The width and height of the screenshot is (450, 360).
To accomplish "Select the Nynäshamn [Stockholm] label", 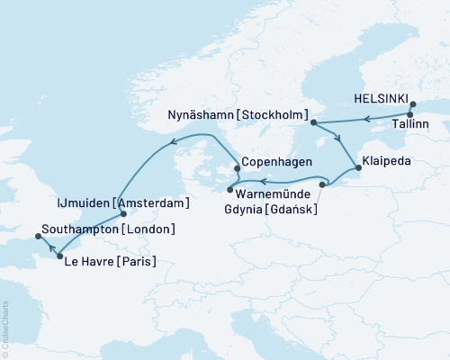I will pos(238,116).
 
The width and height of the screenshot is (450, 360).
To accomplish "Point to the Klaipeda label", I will pos(385,165).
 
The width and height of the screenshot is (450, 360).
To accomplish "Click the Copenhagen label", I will pos(277,162).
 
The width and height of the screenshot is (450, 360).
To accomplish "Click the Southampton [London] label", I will pos(108,229).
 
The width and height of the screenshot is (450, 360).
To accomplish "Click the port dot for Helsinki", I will pos(412,104).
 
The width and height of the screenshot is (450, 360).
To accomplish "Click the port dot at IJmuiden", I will pos(122,215).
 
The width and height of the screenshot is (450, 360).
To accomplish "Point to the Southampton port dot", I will pos(37,236).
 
